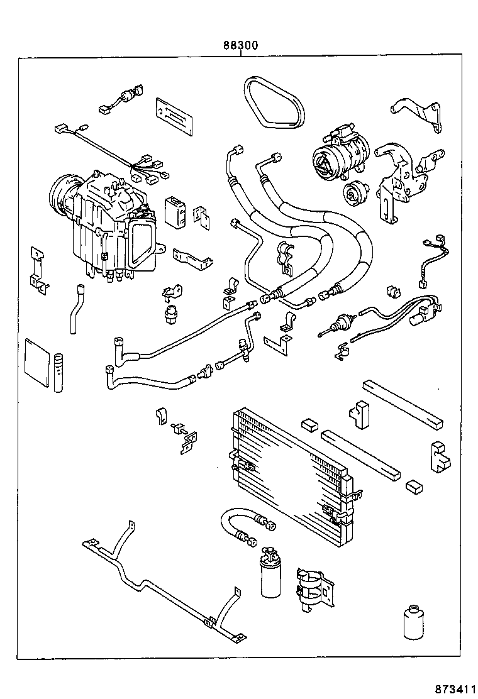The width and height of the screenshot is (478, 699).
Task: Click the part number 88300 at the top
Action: pyautogui.click(x=240, y=47)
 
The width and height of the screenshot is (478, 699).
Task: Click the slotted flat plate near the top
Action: pyautogui.click(x=174, y=116)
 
